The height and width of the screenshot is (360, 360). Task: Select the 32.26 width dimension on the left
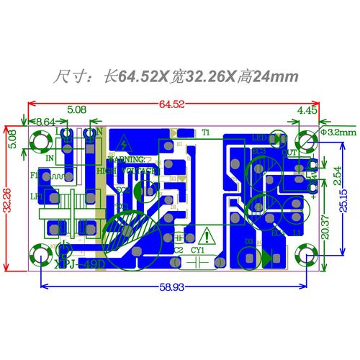9,196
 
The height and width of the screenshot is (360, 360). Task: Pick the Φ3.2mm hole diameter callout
338,132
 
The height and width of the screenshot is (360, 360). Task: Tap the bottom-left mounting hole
37,255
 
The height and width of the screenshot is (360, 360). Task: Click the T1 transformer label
205,132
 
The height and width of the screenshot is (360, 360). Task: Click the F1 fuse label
34,175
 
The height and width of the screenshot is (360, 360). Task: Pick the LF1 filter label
35,196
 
